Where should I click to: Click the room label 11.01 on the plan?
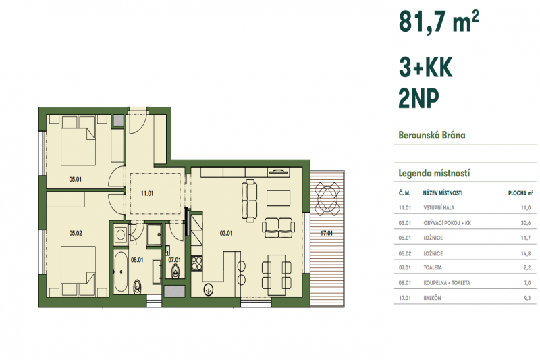147,194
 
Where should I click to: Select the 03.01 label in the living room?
226,234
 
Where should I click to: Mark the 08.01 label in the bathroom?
138,258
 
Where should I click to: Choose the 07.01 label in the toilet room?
175,258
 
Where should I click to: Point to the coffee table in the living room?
277,197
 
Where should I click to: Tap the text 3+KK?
425,68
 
